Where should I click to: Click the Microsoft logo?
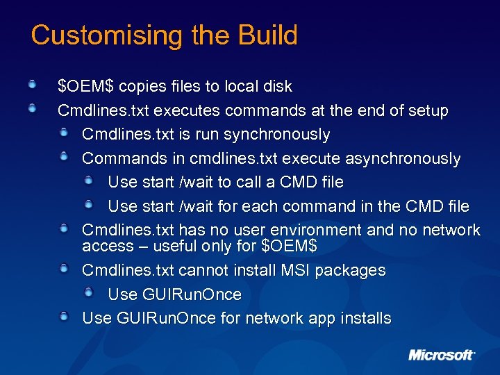pyautogui.click(x=442, y=355)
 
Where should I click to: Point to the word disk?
pyautogui.click(x=277, y=87)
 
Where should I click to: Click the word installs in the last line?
pyautogui.click(x=364, y=318)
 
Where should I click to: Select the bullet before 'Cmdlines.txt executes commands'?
pyautogui.click(x=32, y=109)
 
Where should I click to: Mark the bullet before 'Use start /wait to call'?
pyautogui.click(x=88, y=181)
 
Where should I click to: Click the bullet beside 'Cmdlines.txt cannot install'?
pyautogui.click(x=63, y=268)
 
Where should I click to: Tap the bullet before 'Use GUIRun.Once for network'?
pyautogui.click(x=63, y=317)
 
